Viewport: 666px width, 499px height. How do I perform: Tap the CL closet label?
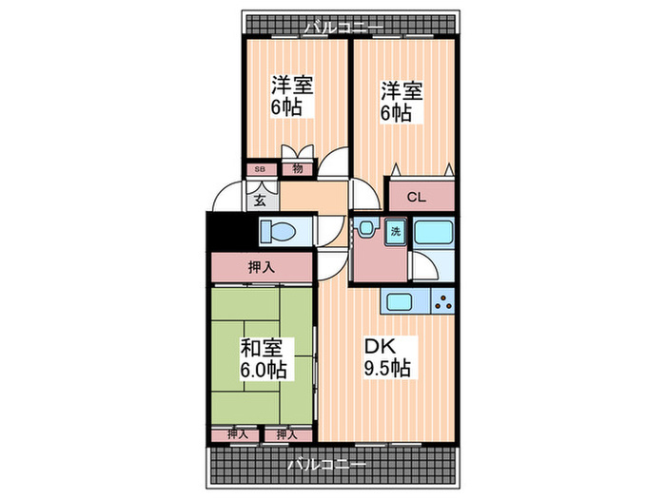tap(416, 198)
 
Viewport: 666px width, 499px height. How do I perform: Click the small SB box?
tap(260, 169)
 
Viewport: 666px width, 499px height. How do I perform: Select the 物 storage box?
tap(297, 169)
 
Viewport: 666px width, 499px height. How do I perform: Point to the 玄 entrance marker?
tap(260, 201)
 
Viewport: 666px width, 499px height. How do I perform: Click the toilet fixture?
tap(282, 232)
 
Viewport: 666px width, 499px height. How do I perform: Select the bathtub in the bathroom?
tap(434, 233)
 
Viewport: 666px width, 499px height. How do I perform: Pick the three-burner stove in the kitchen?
tap(441, 303)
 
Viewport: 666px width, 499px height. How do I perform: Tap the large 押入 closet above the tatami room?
tap(262, 267)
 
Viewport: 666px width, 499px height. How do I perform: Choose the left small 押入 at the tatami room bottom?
tap(234, 433)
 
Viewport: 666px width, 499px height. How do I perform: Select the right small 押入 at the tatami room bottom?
tap(282, 433)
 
